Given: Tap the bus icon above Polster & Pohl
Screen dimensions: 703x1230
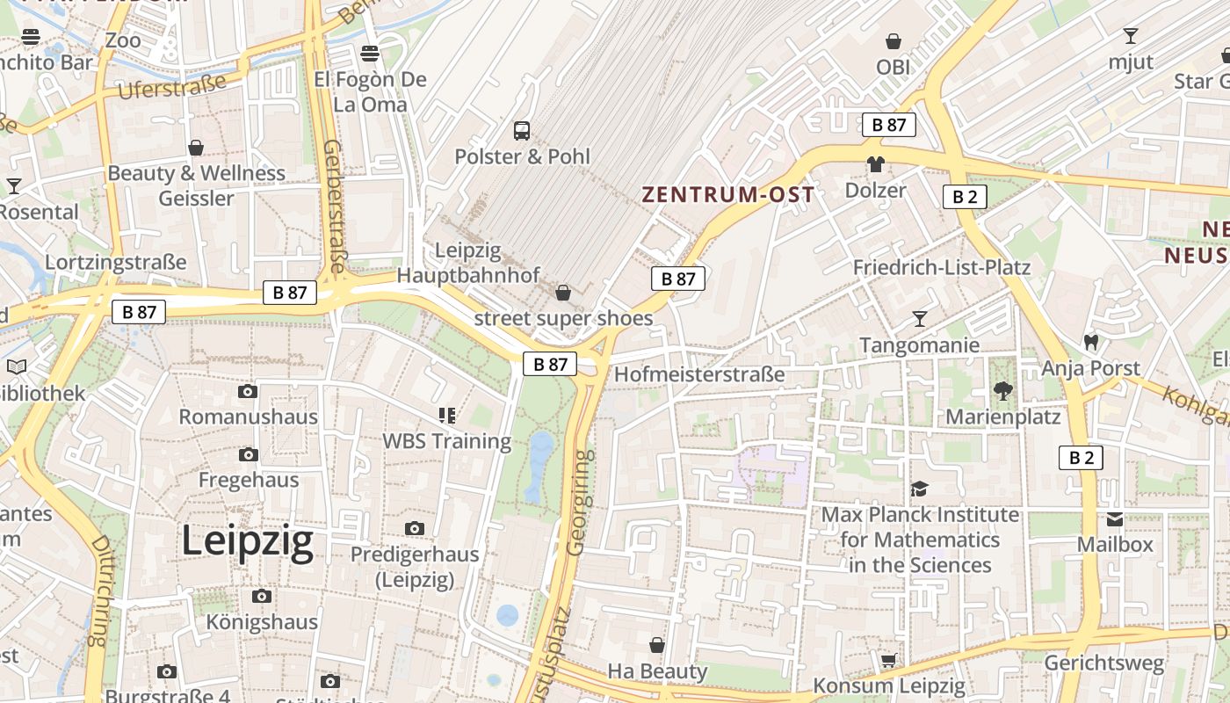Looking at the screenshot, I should coord(522,131).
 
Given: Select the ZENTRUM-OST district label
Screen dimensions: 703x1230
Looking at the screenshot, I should coord(728,194).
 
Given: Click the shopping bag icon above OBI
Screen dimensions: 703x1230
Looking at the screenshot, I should coord(894,41).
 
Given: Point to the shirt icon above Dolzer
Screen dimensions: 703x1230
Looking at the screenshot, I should coord(875,164).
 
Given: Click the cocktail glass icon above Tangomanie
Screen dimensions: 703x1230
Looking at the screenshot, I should coord(920,318).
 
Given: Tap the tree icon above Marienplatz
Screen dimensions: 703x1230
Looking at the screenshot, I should coord(1002,390).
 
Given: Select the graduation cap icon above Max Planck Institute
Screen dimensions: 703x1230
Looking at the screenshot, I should coord(919,489).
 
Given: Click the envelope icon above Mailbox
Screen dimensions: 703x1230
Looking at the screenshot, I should coord(1115,519).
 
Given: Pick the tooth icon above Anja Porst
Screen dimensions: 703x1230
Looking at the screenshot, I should coord(1091,342).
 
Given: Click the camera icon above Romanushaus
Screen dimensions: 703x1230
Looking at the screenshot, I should coord(248,391).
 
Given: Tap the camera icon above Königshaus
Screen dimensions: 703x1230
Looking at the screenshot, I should coord(261,597).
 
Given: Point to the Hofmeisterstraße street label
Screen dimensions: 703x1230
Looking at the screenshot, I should coord(699,374).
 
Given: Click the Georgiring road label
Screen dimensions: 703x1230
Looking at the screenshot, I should coord(577,503).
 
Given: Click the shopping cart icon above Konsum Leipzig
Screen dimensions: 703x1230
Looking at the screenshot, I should coord(889,660).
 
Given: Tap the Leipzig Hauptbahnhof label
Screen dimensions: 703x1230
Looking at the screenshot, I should coord(468,263).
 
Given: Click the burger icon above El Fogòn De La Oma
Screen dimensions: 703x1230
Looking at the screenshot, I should coord(370,54).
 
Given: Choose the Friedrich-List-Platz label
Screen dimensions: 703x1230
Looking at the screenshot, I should coord(941,266).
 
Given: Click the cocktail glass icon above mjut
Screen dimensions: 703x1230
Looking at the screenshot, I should coord(1130,36).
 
